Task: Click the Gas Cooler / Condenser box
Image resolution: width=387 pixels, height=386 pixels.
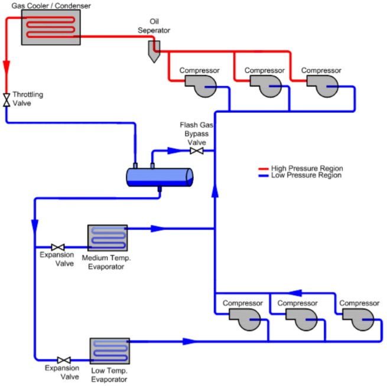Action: point(51,27)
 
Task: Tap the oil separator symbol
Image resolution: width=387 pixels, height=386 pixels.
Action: point(154,51)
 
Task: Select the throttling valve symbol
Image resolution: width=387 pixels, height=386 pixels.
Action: point(6,100)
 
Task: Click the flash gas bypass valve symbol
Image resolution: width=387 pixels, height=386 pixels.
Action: point(197,151)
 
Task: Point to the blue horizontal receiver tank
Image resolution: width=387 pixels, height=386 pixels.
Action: point(160,177)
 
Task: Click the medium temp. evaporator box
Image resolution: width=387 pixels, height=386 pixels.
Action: point(108,238)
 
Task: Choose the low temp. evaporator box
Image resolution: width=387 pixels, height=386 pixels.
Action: point(109,351)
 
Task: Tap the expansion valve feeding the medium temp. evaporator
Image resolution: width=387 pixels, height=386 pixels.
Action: point(58,247)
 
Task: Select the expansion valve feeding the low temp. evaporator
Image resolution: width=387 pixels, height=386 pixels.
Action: point(64,360)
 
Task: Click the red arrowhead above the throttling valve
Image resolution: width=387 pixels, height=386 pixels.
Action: point(6,67)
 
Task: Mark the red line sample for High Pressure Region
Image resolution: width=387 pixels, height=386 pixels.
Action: point(264,169)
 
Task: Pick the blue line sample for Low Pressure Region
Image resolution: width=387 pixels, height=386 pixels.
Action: point(264,176)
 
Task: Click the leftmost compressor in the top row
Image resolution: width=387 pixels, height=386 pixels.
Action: point(201,86)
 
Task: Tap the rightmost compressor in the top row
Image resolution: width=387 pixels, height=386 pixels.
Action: point(323,86)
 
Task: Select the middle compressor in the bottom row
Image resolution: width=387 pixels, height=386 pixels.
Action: point(301,319)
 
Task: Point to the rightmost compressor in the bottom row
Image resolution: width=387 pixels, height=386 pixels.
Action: point(359,319)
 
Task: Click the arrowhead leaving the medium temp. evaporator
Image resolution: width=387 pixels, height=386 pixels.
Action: point(158,228)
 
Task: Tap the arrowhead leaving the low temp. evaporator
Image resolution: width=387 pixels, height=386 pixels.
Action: point(190,341)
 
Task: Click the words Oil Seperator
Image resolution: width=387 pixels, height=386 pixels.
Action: point(154,26)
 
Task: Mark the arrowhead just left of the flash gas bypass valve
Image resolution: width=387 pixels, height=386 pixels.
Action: point(175,151)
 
